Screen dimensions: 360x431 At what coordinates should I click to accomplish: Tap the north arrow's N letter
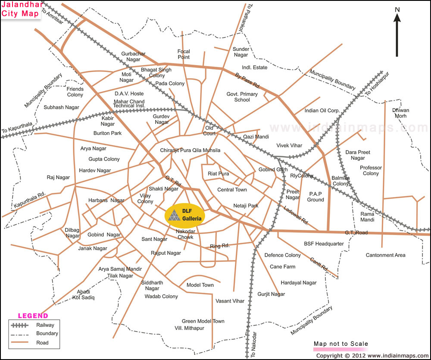(x=398, y=9)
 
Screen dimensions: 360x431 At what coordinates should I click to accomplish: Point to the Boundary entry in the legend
(x=47, y=334)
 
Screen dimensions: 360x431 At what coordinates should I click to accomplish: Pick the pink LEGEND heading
(x=33, y=316)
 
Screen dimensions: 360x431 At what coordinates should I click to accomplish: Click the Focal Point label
(x=184, y=54)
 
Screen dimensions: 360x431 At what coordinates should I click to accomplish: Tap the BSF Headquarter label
(x=324, y=244)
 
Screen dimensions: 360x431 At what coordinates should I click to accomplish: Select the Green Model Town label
(x=203, y=321)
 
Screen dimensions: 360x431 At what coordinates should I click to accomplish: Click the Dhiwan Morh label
(x=400, y=113)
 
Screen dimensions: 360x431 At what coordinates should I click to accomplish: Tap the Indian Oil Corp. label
(x=322, y=110)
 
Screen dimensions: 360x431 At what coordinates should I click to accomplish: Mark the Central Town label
(x=232, y=190)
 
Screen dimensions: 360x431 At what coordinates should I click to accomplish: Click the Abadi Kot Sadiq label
(x=84, y=294)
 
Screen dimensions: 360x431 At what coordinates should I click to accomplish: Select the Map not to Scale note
(x=340, y=344)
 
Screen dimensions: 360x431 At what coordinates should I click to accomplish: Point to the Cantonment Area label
(x=385, y=255)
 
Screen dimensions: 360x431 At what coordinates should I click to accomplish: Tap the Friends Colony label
(x=75, y=91)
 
